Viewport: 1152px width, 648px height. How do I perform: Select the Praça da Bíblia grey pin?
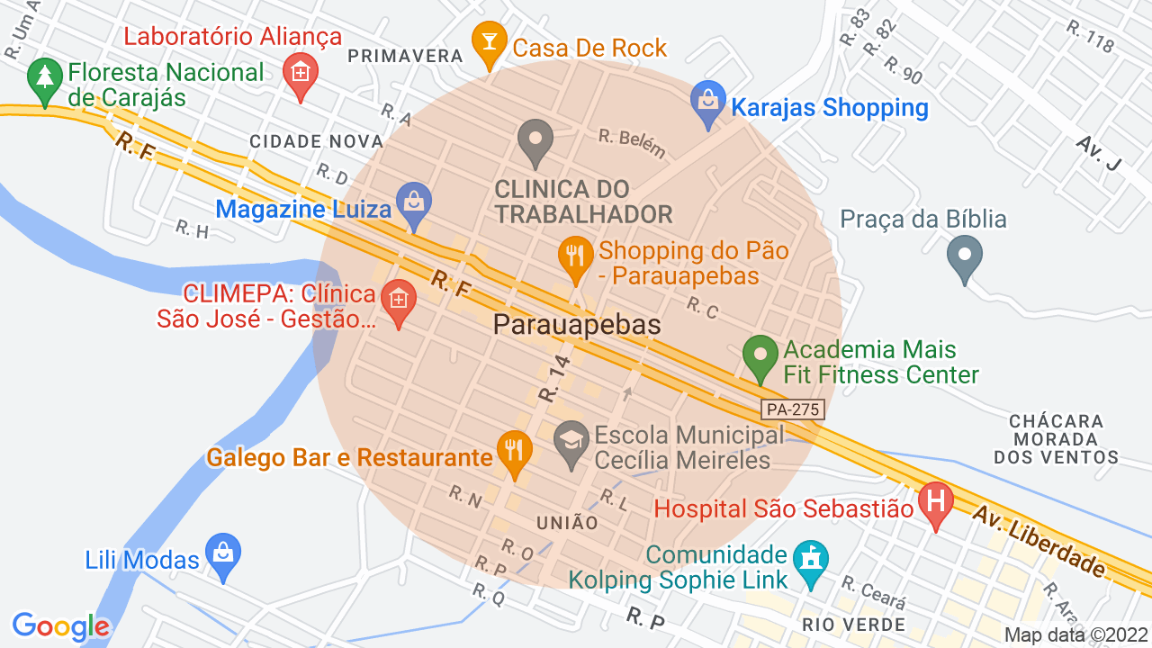[x=964, y=257]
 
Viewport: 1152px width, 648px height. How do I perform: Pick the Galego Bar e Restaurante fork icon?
[x=514, y=453]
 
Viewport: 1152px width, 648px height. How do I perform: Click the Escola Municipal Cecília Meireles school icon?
[x=571, y=445]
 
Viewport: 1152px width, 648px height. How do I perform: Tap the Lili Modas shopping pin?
[x=222, y=556]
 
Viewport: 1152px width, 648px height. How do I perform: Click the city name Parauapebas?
[x=577, y=325]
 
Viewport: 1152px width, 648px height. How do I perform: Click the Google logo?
[x=61, y=626]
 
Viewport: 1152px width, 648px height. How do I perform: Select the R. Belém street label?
[x=633, y=142]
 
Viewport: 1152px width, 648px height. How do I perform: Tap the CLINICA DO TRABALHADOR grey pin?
[x=535, y=142]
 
